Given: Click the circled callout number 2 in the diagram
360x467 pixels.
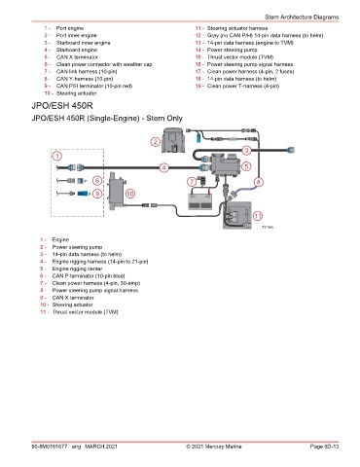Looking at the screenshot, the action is click(156, 142).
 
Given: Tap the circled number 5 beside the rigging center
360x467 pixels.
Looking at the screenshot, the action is click(246, 166).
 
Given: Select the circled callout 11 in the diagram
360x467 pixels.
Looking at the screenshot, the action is click(258, 216).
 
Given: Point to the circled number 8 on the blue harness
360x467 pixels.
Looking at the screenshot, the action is click(259, 182).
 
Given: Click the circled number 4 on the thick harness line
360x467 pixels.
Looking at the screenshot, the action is click(164, 167).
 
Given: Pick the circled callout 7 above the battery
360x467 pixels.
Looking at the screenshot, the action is click(192, 182).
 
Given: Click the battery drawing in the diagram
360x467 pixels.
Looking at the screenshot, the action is click(200, 201).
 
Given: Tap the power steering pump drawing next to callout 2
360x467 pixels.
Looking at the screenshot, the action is click(173, 140).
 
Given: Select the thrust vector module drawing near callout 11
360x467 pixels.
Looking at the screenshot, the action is click(237, 215).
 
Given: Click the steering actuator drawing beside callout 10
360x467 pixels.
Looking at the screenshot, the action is click(116, 192).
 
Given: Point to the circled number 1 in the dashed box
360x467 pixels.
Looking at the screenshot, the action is click(57, 157).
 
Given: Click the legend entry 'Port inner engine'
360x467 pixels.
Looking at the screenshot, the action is click(77, 35).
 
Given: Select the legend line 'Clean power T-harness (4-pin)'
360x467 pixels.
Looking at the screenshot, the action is click(243, 86).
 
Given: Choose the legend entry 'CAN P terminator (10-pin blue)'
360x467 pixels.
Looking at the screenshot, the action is click(89, 276).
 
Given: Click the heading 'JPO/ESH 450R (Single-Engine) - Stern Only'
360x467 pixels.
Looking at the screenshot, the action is click(107, 118).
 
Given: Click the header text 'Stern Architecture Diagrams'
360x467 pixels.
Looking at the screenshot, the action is click(302, 17).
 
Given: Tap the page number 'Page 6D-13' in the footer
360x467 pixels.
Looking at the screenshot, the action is click(324, 447).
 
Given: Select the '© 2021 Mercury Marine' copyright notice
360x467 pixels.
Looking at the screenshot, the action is click(214, 447).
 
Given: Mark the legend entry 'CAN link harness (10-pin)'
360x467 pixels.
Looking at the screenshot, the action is click(87, 71).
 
